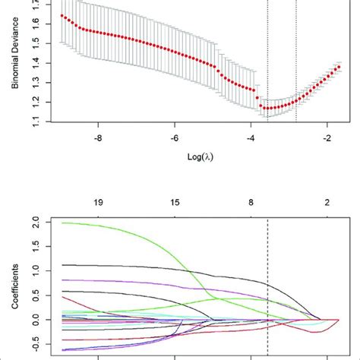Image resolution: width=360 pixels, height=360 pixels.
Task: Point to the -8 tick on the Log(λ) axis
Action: tap(98, 138)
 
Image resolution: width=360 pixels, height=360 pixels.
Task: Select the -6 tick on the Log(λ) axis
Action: tap(175, 138)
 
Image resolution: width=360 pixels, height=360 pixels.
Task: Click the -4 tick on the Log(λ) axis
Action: tap(251, 138)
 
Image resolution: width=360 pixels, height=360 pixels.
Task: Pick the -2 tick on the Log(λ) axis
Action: tap(327, 138)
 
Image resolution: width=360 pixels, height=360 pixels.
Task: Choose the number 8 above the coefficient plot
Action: tap(251, 204)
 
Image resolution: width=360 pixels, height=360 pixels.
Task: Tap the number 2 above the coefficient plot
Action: tap(327, 204)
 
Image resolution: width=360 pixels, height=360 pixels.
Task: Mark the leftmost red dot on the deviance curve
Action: tap(62, 16)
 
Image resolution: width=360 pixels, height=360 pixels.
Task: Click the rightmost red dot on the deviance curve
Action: tap(338, 67)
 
